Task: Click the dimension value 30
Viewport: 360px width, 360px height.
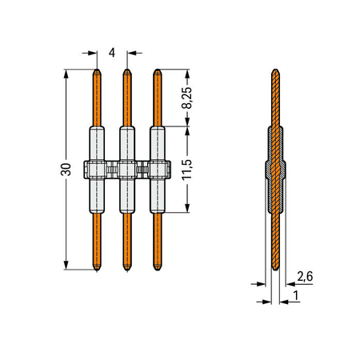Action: pyautogui.click(x=66, y=170)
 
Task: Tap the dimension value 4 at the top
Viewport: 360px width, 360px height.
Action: pyautogui.click(x=112, y=53)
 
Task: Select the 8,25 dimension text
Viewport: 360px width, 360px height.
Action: pyautogui.click(x=186, y=98)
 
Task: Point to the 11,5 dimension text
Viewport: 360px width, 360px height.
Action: pyautogui.click(x=186, y=170)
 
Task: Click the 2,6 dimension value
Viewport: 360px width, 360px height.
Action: pyautogui.click(x=305, y=276)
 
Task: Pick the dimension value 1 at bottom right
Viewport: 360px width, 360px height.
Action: pyautogui.click(x=296, y=295)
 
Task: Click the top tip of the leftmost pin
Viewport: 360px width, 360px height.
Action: pyautogui.click(x=97, y=70)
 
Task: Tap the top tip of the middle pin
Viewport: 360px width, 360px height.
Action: pyautogui.click(x=127, y=70)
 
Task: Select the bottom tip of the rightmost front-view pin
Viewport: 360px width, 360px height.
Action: pyautogui.click(x=158, y=270)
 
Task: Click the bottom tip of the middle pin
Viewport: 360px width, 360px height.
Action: pyautogui.click(x=127, y=270)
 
